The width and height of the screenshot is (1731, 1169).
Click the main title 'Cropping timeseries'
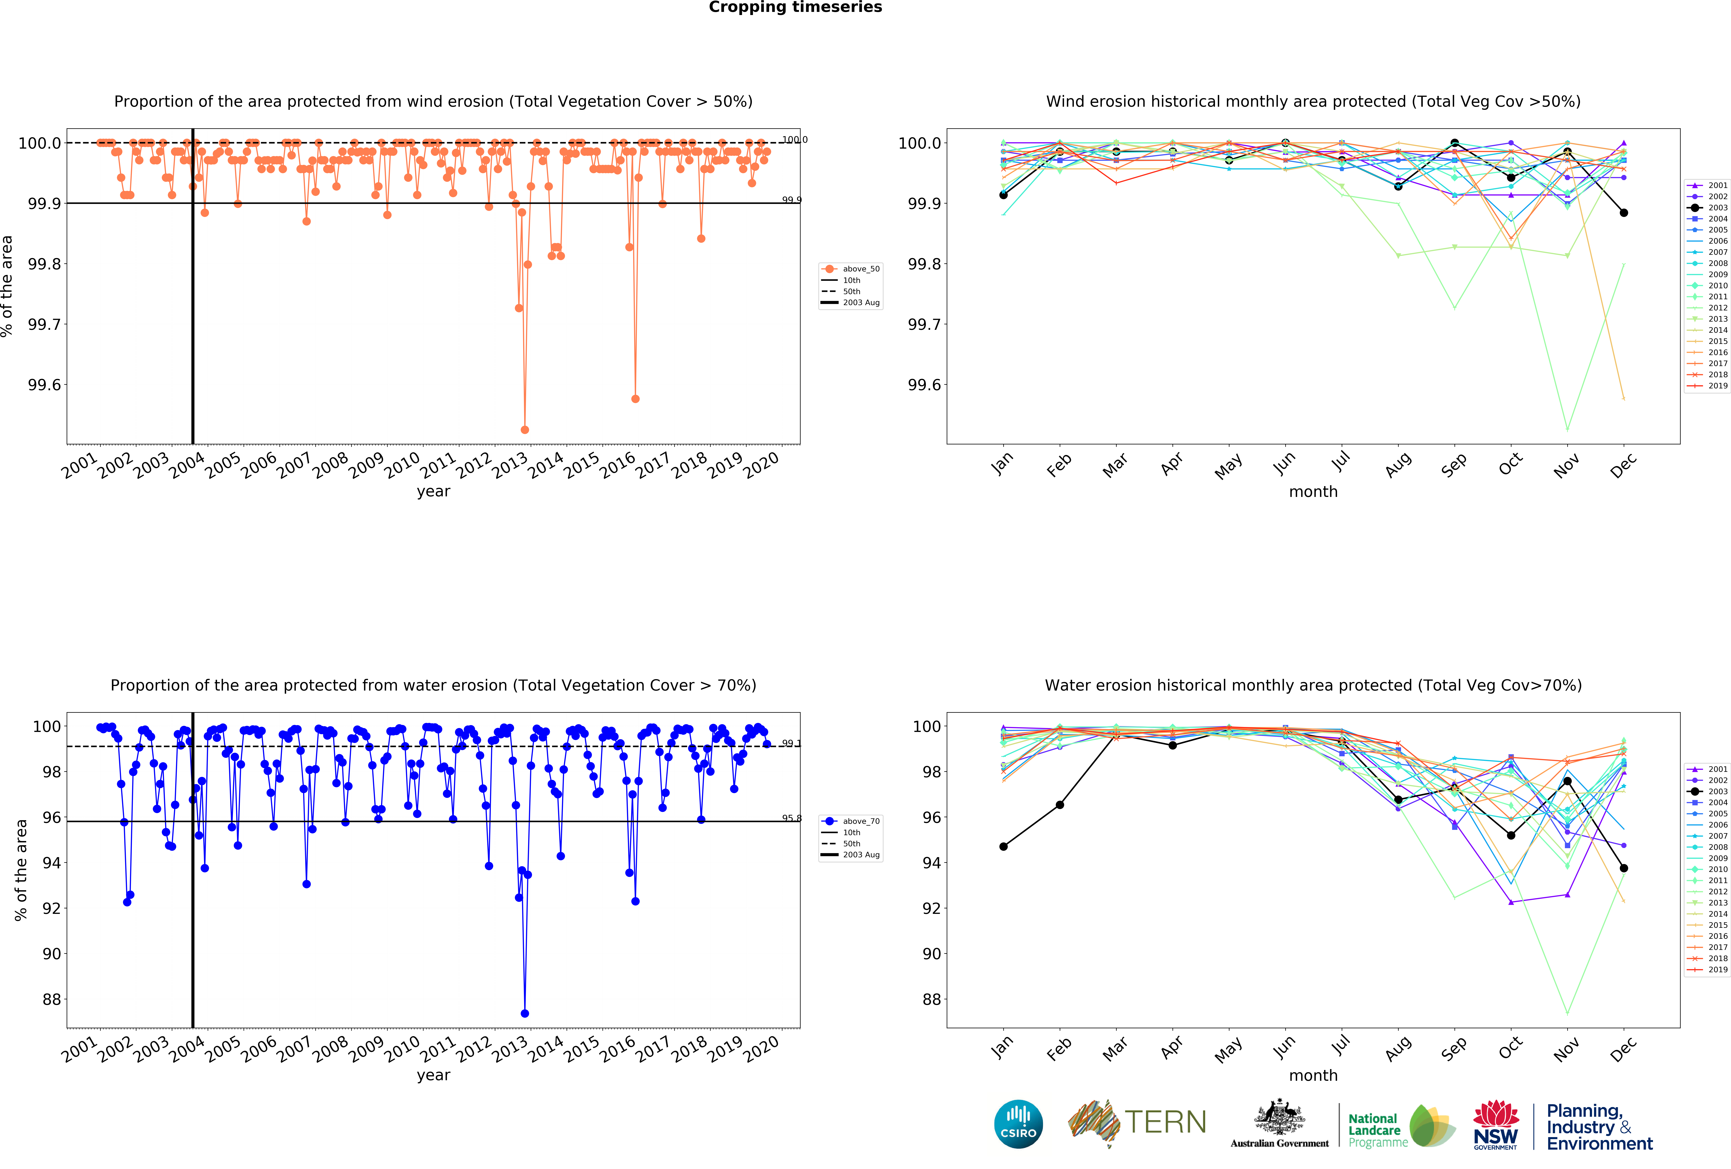click(x=795, y=8)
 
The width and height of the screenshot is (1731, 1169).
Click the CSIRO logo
click(x=1018, y=1124)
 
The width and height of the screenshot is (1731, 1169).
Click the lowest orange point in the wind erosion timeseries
click(x=524, y=430)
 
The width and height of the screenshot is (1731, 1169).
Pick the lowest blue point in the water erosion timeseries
click(x=524, y=1013)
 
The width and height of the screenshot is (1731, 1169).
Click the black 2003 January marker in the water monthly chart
click(x=1003, y=847)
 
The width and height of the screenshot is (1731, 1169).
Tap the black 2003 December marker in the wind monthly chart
click(x=1624, y=213)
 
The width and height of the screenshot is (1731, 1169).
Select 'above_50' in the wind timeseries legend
click(x=860, y=269)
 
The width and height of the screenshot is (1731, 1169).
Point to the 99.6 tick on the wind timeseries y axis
click(x=45, y=385)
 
